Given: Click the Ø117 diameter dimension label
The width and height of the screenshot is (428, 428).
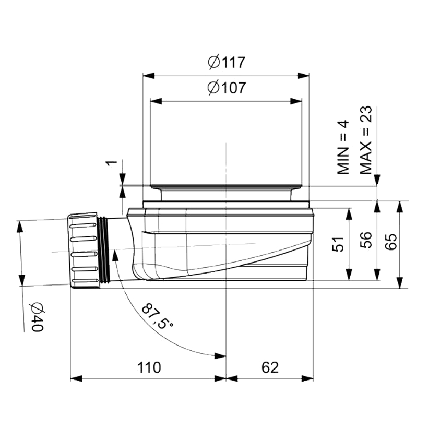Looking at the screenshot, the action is coord(227,62).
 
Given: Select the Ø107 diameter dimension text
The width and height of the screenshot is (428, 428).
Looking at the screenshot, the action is coord(227,88).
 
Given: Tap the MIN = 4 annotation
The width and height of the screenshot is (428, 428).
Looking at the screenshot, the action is coord(343,147).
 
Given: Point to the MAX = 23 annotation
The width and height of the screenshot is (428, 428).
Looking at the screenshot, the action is coord(366,140).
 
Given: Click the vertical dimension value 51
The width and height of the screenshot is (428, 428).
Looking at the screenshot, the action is coord(338,244).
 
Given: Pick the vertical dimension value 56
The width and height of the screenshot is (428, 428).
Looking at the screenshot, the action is coord(366,240).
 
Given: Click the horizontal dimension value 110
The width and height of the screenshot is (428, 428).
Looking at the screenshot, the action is coord(149,367).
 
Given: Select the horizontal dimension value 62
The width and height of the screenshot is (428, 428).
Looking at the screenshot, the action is coord(270,367).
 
